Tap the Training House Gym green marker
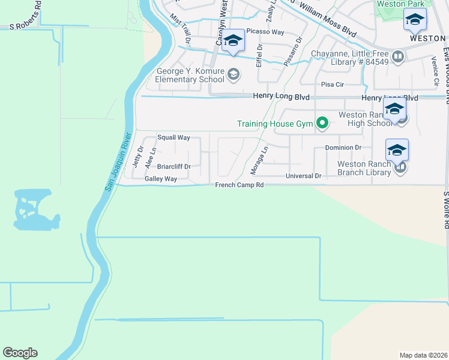tap(323, 124)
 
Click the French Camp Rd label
tap(240, 185)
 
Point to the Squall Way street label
tap(173, 137)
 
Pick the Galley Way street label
tap(161, 179)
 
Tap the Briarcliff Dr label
tap(173, 166)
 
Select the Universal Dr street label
tap(304, 176)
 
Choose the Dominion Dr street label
tap(343, 147)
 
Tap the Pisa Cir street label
tap(332, 85)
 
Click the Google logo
tap(20, 353)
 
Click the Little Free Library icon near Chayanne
tap(397, 56)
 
